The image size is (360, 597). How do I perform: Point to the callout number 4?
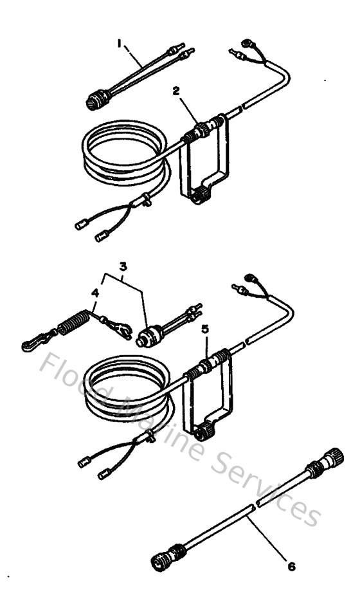[x=94, y=293]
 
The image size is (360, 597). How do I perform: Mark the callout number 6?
[x=292, y=567]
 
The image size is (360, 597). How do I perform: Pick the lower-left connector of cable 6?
[x=168, y=556]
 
